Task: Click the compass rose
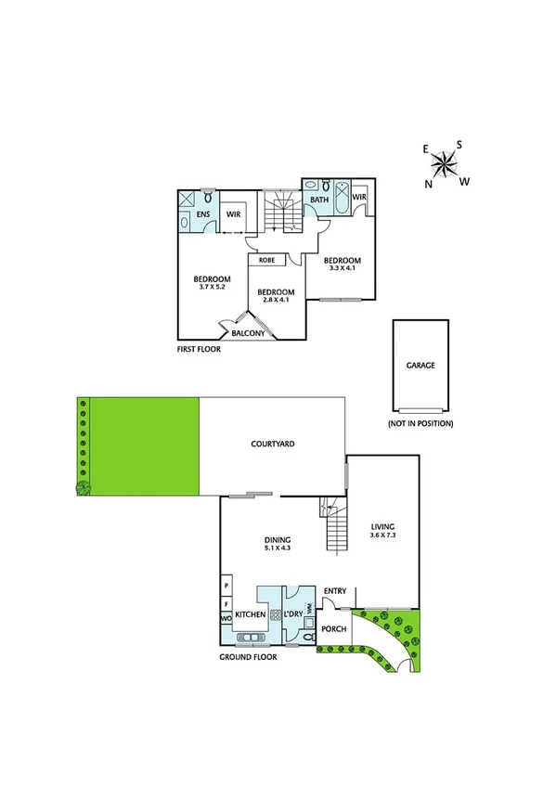(x=445, y=166)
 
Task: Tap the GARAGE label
(x=420, y=366)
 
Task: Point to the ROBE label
(x=265, y=260)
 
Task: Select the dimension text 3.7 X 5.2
(x=213, y=287)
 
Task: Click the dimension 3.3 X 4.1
(x=343, y=269)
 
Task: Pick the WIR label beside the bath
(x=359, y=198)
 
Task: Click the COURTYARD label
(x=273, y=445)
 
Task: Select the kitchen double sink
(x=250, y=638)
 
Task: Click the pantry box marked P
(x=226, y=587)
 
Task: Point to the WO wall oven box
(x=226, y=618)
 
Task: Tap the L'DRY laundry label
(x=296, y=614)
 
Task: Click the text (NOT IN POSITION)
(x=420, y=423)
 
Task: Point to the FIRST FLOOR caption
(x=200, y=351)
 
